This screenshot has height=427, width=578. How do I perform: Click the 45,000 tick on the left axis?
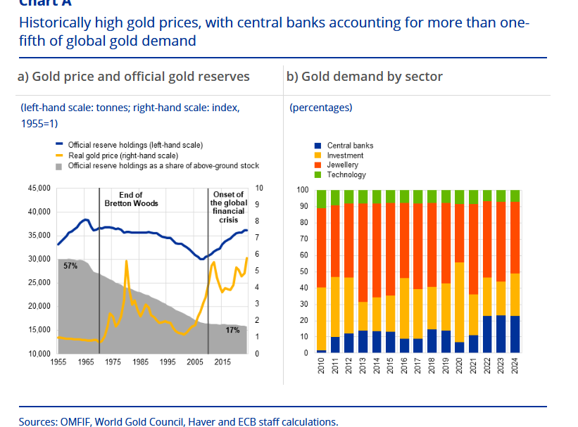pos(39,189)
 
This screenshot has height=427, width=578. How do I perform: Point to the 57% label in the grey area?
pos(70,266)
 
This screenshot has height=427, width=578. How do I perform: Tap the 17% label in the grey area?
pos(232,330)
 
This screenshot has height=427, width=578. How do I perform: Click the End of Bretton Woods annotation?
pos(131,199)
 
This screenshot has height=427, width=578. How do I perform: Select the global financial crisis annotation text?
pos(227,207)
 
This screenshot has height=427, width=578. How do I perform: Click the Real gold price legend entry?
pos(122,155)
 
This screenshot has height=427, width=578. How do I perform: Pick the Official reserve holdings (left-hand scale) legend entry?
pos(135,144)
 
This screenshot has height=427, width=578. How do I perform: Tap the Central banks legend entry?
pos(350,146)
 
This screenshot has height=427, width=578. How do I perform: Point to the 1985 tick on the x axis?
pos(140,362)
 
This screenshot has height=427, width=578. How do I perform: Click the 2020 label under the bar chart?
pos(460,366)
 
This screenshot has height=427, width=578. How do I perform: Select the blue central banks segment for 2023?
pos(501,333)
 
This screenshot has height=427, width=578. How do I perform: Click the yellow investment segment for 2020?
pos(460,302)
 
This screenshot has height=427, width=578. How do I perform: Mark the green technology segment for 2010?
pos(322,198)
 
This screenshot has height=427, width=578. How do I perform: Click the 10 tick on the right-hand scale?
pos(259,189)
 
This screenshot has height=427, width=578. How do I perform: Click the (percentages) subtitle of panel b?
pos(320,108)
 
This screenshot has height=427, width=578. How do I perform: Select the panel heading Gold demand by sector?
pos(364,76)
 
